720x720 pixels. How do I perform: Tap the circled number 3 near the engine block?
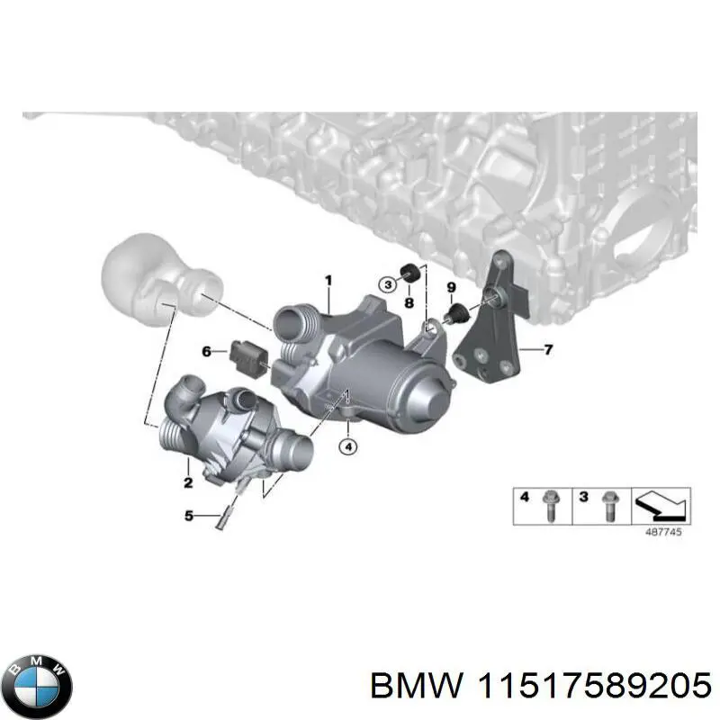point(386,285)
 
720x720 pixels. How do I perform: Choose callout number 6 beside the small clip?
point(207,351)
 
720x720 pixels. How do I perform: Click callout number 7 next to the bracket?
point(548,347)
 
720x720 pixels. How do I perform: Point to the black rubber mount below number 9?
point(458,312)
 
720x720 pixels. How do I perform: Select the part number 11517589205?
point(586,686)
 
